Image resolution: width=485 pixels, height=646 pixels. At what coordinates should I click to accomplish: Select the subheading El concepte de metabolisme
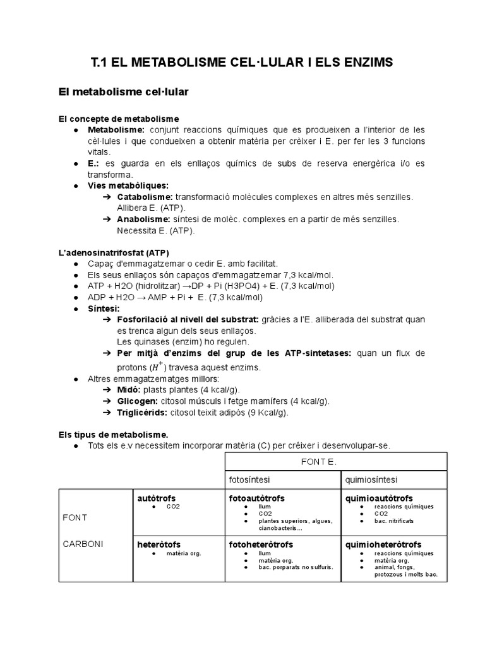coord(119,119)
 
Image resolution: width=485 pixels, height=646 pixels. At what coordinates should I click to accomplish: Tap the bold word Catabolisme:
coord(145,197)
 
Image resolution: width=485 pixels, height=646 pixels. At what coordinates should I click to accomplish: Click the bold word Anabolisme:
coord(143,219)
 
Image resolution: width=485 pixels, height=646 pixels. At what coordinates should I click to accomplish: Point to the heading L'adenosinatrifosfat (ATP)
coord(114,252)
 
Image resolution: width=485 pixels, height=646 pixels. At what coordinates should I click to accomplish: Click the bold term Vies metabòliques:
coord(128,185)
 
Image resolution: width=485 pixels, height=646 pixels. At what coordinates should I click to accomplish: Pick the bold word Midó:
coord(129,390)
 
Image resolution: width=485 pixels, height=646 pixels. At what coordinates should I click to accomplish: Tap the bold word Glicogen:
coord(138,401)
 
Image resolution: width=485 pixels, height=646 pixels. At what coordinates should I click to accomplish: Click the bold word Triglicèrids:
coord(141,413)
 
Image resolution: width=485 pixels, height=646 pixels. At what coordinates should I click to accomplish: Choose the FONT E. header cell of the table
coord(335,461)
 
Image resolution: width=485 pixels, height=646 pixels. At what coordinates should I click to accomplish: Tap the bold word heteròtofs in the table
coord(159,544)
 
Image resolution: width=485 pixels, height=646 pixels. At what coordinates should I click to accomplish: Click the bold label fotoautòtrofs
coord(256,498)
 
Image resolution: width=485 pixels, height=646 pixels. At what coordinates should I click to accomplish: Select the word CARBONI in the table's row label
coord(83,543)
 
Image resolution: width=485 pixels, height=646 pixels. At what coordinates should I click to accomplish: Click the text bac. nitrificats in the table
coord(394,521)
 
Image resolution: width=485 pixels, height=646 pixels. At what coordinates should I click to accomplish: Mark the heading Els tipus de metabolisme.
coord(114,434)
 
